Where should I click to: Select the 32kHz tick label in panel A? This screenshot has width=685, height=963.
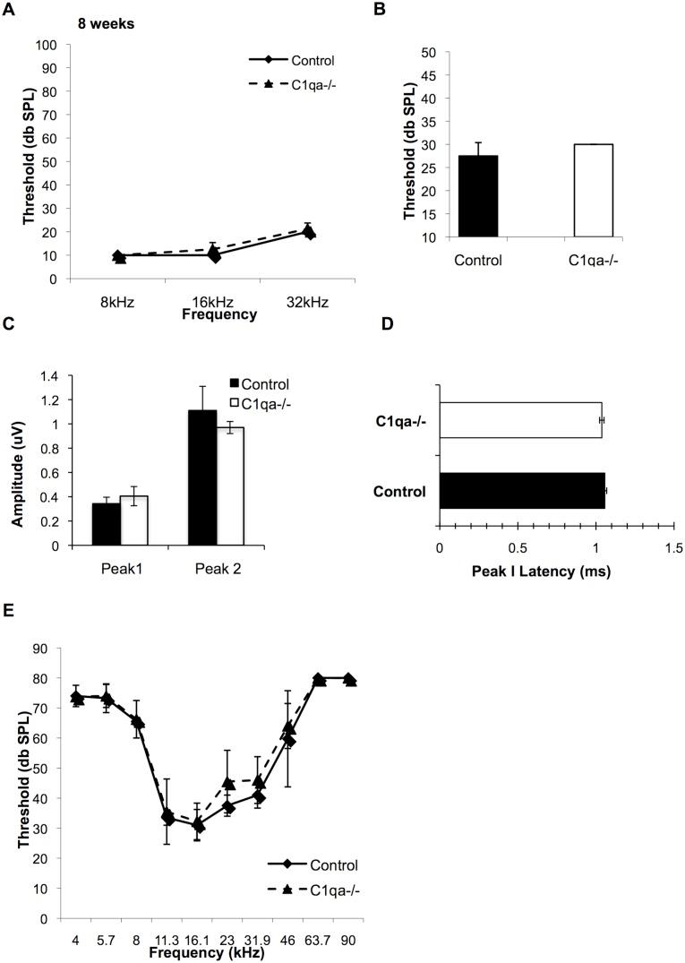click(310, 303)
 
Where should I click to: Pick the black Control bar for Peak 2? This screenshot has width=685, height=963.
click(202, 477)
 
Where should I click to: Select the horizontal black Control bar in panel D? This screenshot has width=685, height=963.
click(522, 491)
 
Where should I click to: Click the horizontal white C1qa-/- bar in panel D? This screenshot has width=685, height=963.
click(520, 419)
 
